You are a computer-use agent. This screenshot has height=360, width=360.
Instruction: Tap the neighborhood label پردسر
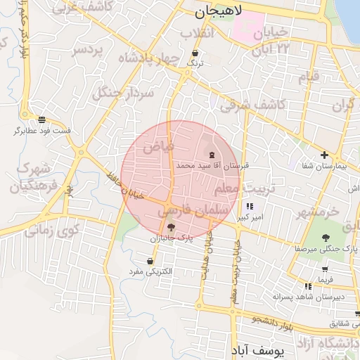[88, 51]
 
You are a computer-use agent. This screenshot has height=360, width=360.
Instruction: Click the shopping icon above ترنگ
[195, 53]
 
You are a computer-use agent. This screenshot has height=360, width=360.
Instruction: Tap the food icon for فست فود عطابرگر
[41, 120]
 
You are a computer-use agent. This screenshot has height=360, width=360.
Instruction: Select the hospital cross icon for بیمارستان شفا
[323, 155]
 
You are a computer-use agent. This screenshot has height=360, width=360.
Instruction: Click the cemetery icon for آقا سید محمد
[212, 155]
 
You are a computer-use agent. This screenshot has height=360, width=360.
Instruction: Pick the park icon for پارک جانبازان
[171, 227]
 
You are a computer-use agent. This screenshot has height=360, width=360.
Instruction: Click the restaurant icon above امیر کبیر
[250, 207]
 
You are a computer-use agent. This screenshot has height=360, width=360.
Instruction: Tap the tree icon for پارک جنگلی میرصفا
[326, 238]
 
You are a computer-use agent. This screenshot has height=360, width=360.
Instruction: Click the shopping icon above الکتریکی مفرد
[150, 261]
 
